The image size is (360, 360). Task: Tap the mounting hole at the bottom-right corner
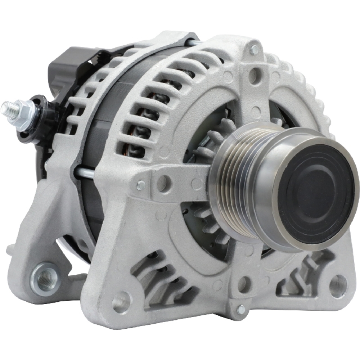pyautogui.click(x=338, y=286)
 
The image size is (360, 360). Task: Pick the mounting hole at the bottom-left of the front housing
pyautogui.click(x=121, y=302)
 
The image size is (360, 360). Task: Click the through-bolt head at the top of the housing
pyautogui.click(x=254, y=50)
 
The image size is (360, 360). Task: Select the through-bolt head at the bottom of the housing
pyautogui.click(x=240, y=309)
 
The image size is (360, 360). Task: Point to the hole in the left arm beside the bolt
pyautogui.click(x=163, y=183)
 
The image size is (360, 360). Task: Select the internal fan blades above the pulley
pyautogui.click(x=216, y=133)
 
